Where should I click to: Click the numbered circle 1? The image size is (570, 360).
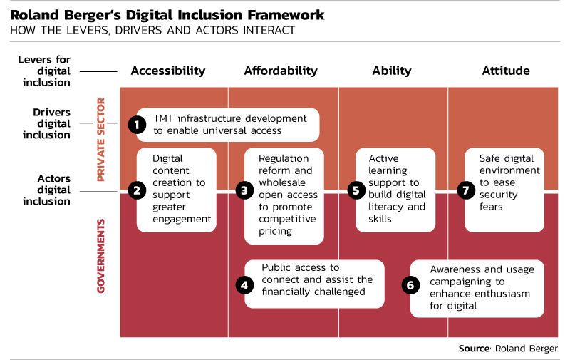[137, 125]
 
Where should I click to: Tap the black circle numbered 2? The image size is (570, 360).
[137, 190]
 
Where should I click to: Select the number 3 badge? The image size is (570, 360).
[244, 190]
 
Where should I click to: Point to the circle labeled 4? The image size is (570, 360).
[244, 285]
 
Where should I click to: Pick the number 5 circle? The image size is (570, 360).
[356, 190]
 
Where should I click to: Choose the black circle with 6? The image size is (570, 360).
[410, 285]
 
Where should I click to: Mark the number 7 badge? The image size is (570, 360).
[466, 190]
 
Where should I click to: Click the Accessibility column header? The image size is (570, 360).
[168, 71]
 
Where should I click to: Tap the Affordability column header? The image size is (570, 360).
[281, 71]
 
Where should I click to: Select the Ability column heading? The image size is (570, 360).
[392, 71]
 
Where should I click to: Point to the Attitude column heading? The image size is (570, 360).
[506, 71]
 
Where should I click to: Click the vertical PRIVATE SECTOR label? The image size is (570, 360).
[100, 139]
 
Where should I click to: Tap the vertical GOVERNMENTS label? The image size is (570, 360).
[100, 256]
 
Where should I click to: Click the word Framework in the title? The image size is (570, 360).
[286, 15]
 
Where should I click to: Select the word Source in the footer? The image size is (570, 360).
[475, 349]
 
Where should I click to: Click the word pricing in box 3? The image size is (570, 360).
[275, 231]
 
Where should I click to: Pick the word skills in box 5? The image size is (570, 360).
[380, 219]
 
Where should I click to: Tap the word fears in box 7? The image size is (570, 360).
[491, 207]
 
